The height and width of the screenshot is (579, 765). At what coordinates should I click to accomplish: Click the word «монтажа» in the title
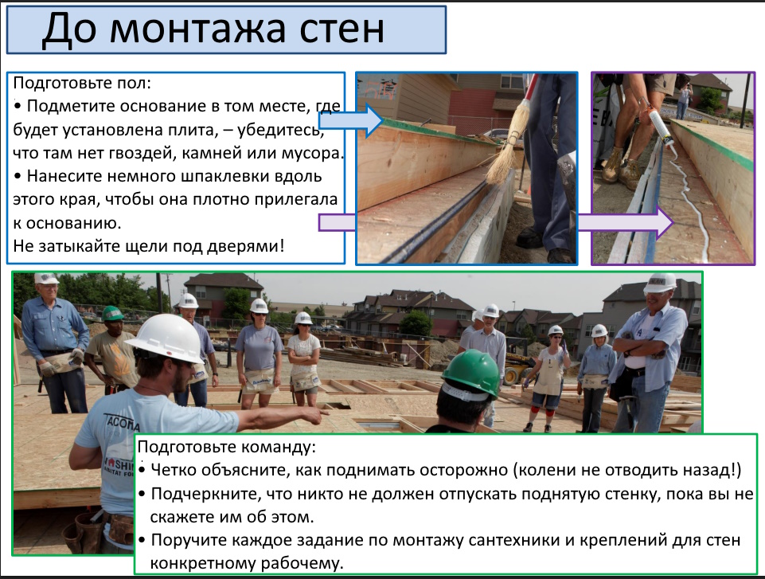pos(197,29)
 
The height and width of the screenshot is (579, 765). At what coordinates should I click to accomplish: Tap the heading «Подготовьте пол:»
pos(82,83)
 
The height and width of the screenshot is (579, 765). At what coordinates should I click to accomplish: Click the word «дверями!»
pos(246,245)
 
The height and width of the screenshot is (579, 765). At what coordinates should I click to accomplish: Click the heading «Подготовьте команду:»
pos(227,447)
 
